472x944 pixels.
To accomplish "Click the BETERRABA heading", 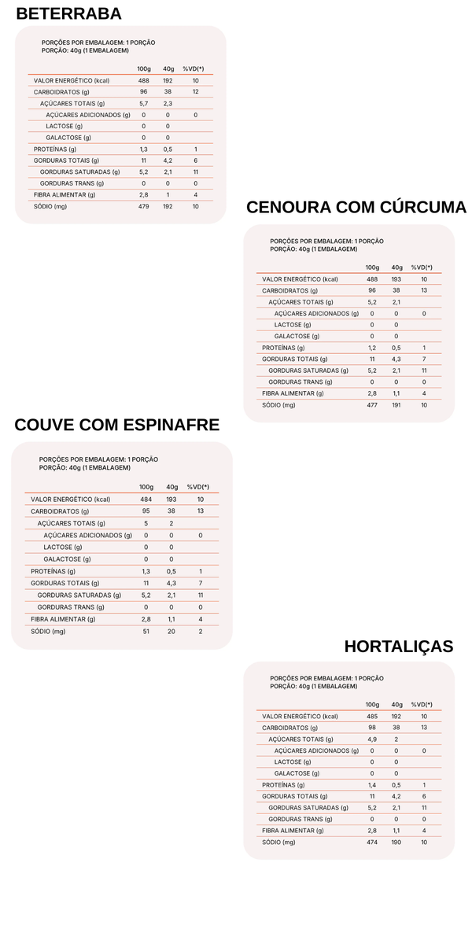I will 68,13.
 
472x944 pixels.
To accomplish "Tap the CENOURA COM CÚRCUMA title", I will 356,207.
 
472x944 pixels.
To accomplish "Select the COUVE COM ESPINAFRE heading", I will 116,425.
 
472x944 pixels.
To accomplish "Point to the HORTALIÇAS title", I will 399,646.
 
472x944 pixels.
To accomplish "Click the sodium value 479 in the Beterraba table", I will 143,206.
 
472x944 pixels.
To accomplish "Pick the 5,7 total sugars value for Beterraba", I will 143,103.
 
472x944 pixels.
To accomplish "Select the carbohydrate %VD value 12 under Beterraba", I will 195,92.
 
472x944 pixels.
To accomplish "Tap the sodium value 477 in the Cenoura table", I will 372,405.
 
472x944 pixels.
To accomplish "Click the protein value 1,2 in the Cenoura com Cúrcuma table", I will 372,348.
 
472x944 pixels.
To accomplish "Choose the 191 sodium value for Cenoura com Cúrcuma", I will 397,405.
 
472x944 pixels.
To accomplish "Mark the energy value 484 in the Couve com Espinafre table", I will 146,499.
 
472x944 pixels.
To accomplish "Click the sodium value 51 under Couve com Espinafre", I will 146,631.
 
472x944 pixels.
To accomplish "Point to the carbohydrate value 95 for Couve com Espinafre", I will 146,511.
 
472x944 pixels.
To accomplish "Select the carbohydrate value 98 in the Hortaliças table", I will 372,728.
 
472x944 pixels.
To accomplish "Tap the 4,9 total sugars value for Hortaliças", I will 372,739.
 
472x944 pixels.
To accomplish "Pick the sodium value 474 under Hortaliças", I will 372,843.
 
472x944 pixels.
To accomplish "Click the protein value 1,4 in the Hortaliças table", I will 372,784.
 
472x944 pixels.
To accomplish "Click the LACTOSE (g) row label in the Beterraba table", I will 59,126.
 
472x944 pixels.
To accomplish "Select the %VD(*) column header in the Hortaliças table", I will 422,704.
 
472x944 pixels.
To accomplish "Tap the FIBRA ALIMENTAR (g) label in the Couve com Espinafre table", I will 63,619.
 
